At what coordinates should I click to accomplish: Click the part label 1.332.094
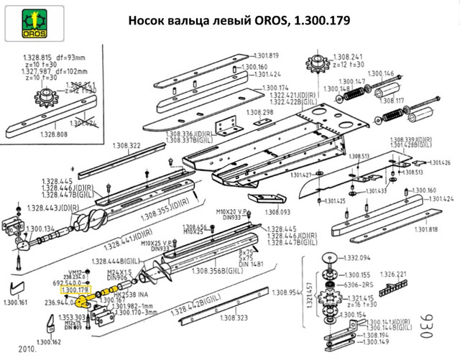pos(356,257)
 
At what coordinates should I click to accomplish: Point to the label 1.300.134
pos(40,229)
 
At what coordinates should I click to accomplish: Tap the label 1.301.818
pos(423,229)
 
